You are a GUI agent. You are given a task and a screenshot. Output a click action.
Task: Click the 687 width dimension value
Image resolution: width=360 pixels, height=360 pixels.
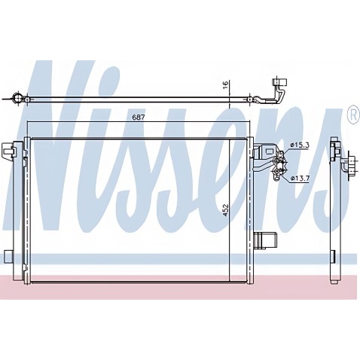[139, 117]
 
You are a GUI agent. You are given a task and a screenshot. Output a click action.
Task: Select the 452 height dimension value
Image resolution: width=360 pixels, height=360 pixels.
[226, 210]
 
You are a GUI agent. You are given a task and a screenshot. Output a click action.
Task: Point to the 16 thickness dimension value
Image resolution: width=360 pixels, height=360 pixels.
[226, 84]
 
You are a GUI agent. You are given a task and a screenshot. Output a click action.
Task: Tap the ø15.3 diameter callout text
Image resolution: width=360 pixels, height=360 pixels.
[300, 145]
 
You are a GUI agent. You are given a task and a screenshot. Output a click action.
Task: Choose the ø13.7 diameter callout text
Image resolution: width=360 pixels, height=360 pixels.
[300, 178]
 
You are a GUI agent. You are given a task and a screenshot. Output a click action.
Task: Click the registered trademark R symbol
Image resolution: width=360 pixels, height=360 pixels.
[352, 114]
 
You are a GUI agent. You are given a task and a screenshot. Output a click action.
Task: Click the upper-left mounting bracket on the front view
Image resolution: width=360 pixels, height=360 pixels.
[9, 151]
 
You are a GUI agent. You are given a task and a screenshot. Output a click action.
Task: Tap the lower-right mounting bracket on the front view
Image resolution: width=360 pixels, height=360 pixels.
[265, 240]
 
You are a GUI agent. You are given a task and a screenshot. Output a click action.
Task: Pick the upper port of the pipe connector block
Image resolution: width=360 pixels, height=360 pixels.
[277, 161]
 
